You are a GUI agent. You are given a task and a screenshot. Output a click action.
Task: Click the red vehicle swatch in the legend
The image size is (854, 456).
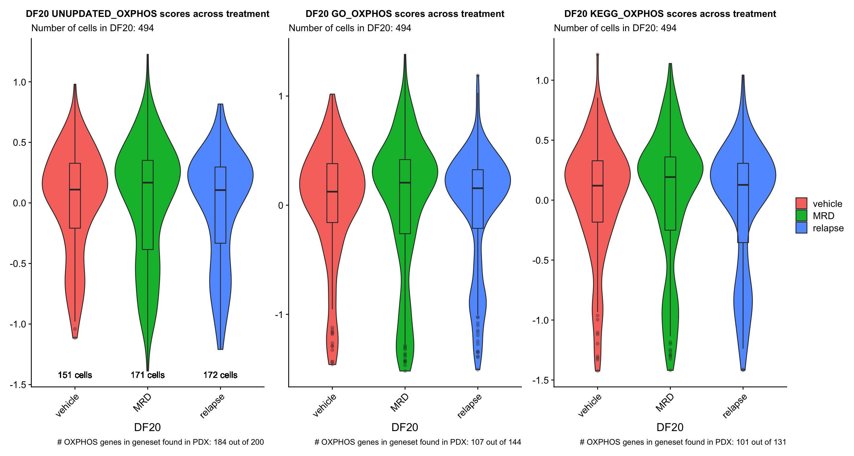pos(801,203)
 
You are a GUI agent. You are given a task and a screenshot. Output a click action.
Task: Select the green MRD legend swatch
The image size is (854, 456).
pos(801,216)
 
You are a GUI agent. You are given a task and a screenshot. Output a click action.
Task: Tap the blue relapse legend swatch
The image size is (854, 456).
pos(801,228)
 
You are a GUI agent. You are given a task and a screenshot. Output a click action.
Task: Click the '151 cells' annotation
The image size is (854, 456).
pos(75,375)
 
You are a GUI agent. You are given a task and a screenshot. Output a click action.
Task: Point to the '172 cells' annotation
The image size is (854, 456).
pos(220,375)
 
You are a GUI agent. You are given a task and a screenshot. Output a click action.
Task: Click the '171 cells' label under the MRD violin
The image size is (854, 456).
pos(148,375)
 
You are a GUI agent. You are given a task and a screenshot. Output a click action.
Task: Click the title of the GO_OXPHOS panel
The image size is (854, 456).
pos(404,14)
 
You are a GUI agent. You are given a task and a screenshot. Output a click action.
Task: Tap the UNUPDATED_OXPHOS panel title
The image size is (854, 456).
pos(148,14)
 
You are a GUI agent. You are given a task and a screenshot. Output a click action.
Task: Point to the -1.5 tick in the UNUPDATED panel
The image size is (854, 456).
pos(18,385)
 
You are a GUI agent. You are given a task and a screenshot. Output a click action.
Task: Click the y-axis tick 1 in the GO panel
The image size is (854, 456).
pos(281,96)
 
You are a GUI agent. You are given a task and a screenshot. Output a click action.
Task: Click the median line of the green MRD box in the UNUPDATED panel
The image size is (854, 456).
pos(148,183)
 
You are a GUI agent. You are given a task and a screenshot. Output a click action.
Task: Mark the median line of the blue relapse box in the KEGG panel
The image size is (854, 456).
pos(743,185)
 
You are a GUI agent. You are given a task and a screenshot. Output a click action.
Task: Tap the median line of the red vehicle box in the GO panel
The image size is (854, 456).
pos(332,191)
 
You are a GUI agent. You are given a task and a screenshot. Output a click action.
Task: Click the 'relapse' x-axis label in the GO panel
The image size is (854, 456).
pos(469,406)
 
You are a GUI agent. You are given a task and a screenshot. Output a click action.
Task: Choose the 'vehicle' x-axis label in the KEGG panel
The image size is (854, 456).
pos(589,405)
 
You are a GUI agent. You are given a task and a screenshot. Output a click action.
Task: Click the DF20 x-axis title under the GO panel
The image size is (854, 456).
pos(404,427)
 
